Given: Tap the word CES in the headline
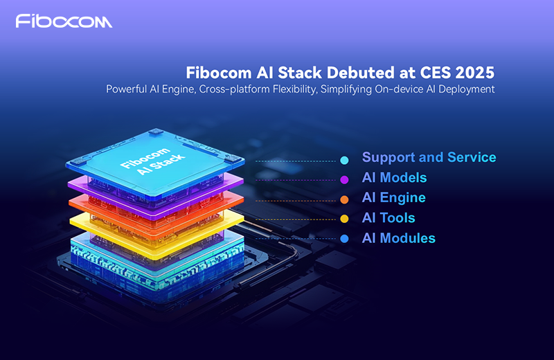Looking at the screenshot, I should pos(427,73).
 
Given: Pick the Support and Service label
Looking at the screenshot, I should pos(429,157).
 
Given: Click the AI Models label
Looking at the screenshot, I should pos(394,178).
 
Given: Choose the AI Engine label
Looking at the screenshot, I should pos(393,198).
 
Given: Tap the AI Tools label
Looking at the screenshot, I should pos(388,218).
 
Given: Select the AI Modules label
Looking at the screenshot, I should pos(398,238).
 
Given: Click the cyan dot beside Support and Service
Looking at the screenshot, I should pos(344,161).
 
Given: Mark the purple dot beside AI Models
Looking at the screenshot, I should pos(344,180).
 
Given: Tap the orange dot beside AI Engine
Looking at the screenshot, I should pos(344,200).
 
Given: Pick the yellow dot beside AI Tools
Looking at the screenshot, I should pos(344,219).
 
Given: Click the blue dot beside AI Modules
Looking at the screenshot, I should pos(344,240).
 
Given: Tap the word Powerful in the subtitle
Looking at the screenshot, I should pos(129,89).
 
